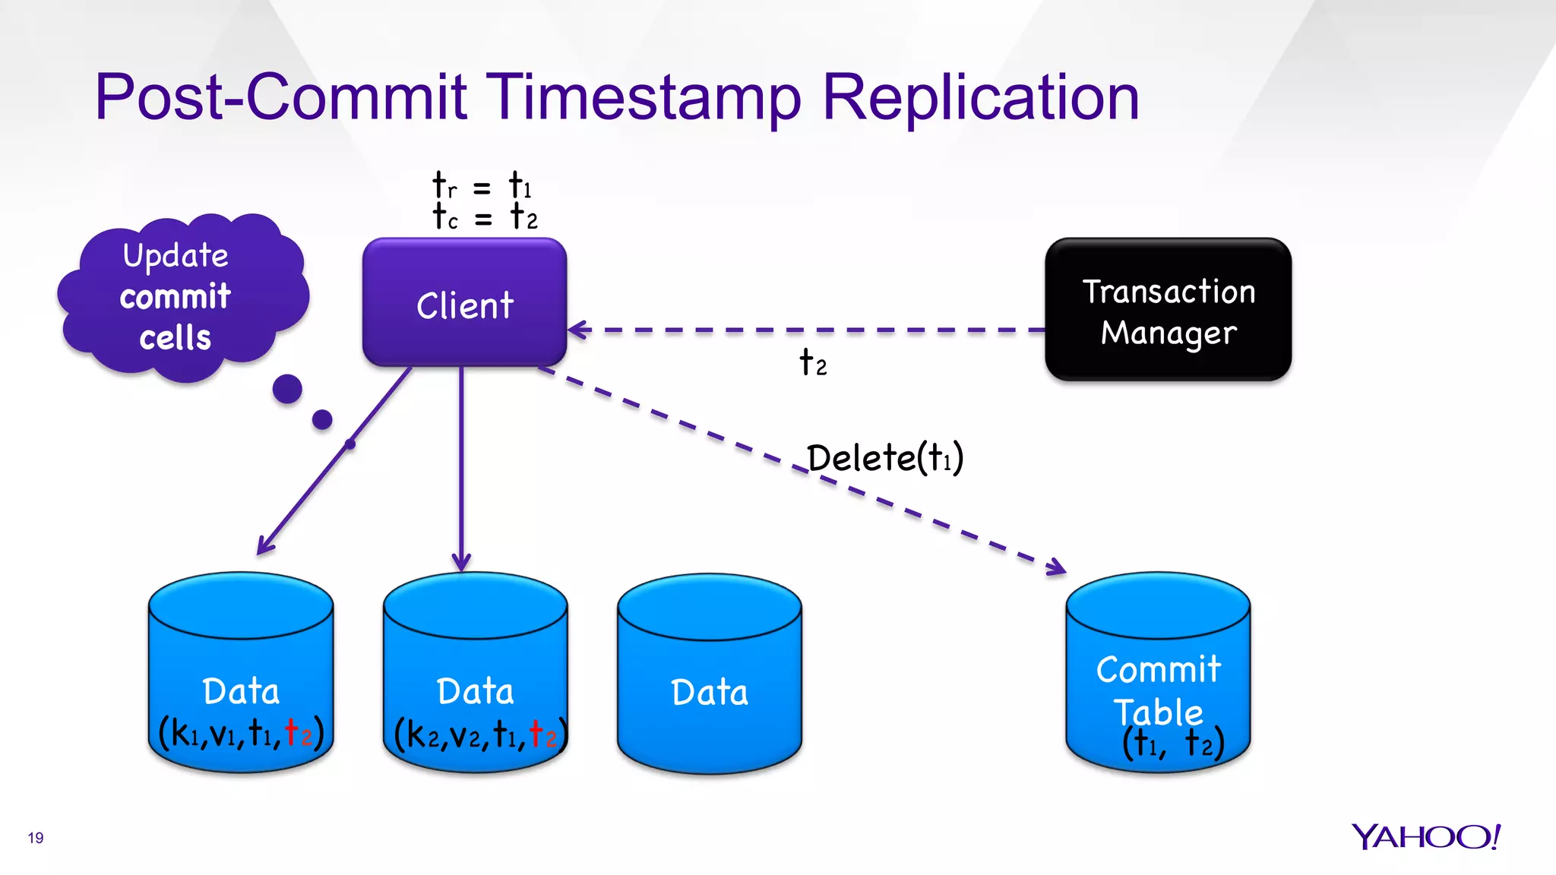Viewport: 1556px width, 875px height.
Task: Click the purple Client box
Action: [464, 303]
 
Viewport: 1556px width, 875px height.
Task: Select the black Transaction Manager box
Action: [1168, 310]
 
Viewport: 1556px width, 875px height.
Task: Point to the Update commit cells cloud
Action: [179, 296]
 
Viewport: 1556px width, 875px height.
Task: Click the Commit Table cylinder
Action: [1157, 676]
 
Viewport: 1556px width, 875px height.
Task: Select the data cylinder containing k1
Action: [240, 676]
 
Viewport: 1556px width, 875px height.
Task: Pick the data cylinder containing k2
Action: [475, 676]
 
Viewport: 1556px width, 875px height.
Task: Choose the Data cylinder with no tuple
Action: [709, 676]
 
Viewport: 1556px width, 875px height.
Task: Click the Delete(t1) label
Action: [885, 458]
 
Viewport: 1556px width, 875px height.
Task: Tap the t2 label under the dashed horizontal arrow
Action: [812, 363]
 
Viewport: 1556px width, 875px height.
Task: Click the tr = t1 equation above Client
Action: [482, 185]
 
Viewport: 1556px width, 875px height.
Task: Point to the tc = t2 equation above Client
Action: [484, 216]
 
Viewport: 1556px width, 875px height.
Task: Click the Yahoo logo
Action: [1425, 837]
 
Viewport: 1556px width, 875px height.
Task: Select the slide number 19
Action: [36, 838]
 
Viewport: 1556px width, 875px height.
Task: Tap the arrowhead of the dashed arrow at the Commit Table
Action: [1056, 567]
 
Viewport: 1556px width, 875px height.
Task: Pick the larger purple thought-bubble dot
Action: [287, 389]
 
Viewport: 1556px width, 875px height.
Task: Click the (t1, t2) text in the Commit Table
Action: [1173, 743]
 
